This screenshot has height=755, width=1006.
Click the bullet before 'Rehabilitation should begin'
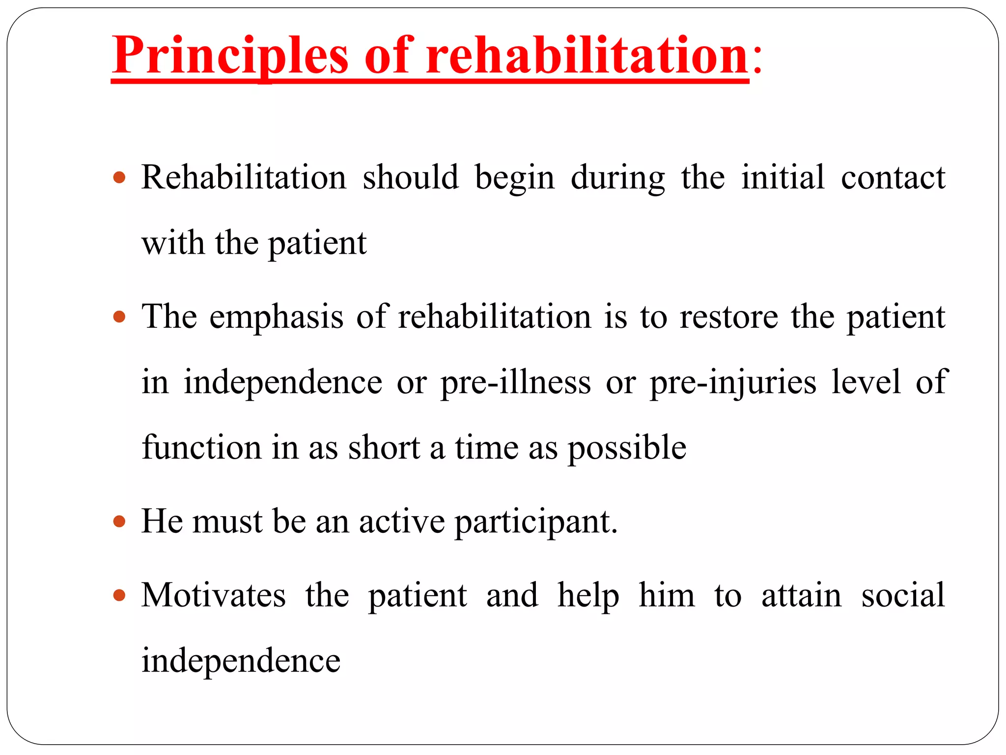pyautogui.click(x=119, y=177)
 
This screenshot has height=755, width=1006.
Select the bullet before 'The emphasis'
pyautogui.click(x=119, y=317)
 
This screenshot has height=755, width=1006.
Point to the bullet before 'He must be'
pyautogui.click(x=119, y=521)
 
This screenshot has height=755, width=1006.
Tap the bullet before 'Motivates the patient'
pyautogui.click(x=119, y=596)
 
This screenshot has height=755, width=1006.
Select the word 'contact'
pyautogui.click(x=893, y=178)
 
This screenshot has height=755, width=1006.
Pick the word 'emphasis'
pyautogui.click(x=276, y=318)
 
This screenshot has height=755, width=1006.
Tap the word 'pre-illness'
pyautogui.click(x=516, y=383)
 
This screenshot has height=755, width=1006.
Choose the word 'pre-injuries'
pyautogui.click(x=733, y=383)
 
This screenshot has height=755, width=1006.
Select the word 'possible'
pyautogui.click(x=627, y=448)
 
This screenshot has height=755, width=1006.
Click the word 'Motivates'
pyautogui.click(x=213, y=595)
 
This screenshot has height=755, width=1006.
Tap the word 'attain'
pyautogui.click(x=801, y=595)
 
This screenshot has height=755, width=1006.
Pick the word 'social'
pyautogui.click(x=903, y=595)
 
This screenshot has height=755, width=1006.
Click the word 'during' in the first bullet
pyautogui.click(x=617, y=178)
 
